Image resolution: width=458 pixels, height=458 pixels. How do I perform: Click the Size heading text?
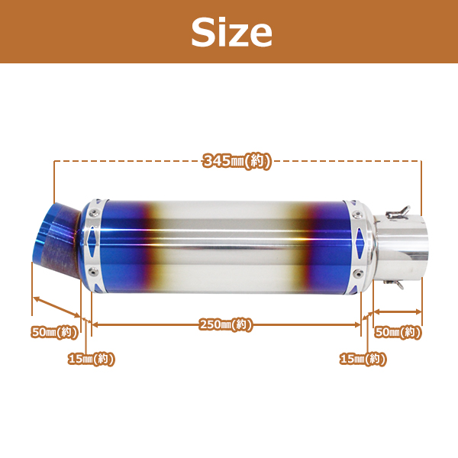(x=231, y=32)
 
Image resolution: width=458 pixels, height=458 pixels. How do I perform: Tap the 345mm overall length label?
(x=237, y=161)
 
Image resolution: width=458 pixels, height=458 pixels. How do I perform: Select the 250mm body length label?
(x=225, y=324)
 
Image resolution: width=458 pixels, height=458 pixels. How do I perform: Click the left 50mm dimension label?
(x=55, y=332)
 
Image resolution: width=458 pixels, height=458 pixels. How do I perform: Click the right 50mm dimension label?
(x=398, y=332)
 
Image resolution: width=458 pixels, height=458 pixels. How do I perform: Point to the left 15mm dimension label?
(x=91, y=359)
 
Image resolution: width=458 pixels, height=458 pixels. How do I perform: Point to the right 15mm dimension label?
(x=363, y=359)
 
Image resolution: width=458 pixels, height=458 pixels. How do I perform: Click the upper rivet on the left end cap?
(x=93, y=213)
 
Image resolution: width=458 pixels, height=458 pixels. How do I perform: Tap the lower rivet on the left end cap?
(x=93, y=272)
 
